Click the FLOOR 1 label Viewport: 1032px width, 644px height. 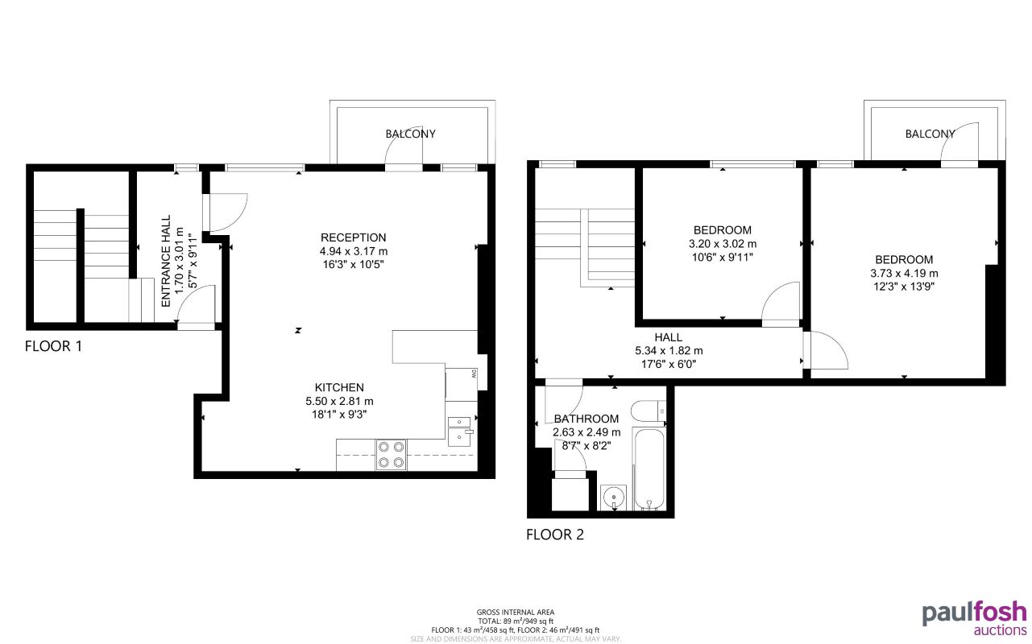tap(53, 347)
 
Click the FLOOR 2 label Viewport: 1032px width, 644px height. tap(554, 534)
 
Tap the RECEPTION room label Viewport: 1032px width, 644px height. tap(353, 237)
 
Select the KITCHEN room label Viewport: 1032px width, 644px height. tap(339, 387)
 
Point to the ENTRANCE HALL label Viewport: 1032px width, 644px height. tap(166, 260)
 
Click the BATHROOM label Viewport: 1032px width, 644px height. tap(586, 419)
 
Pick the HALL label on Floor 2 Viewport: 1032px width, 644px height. tap(669, 337)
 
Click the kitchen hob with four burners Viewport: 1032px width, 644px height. tap(391, 454)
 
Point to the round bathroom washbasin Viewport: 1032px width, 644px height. tap(614, 497)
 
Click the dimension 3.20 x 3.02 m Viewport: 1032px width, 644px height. tap(723, 244)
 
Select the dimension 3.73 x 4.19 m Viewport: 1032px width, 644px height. tap(904, 273)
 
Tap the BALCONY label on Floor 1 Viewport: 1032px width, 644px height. tap(410, 134)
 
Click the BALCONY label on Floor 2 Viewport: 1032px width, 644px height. tap(930, 134)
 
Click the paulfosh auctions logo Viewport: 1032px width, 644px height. tap(975, 617)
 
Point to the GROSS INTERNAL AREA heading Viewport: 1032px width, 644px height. tap(516, 612)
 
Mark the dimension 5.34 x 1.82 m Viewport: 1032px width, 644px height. tap(669, 351)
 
